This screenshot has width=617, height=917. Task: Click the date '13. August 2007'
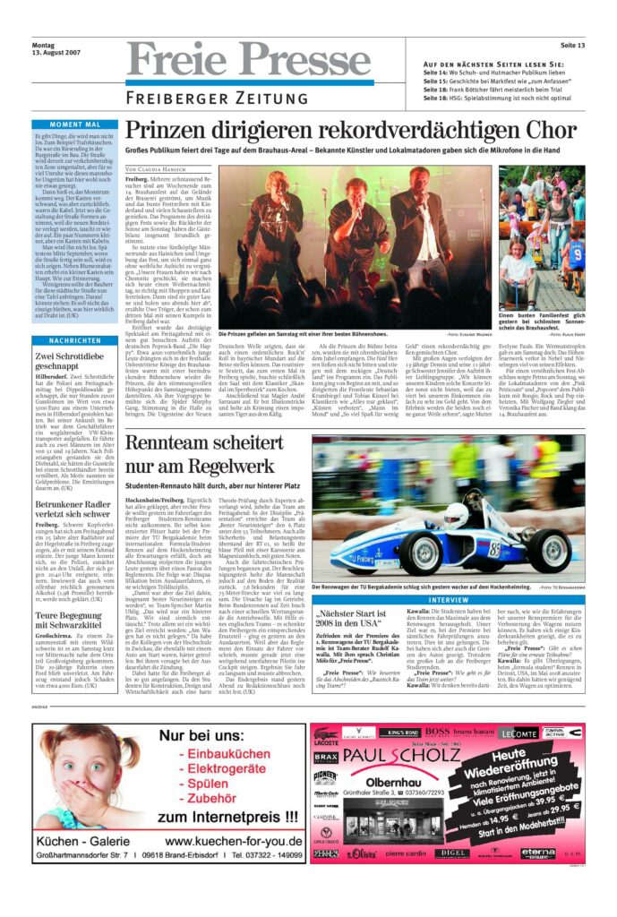tap(55, 54)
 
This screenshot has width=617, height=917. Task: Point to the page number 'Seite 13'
tap(572, 45)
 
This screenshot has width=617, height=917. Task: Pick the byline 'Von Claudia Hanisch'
tap(156, 168)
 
